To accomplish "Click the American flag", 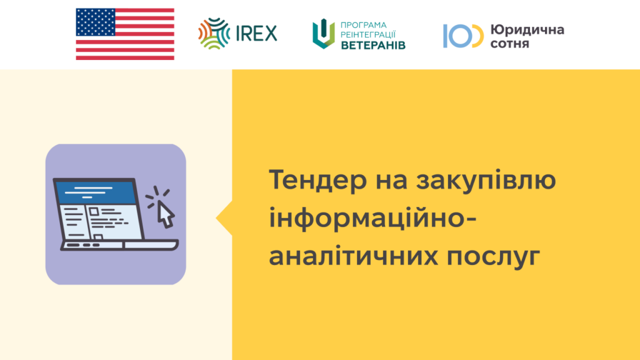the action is click(x=125, y=34).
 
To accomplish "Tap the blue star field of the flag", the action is click(x=96, y=22).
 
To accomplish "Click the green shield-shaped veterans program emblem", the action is click(x=324, y=34).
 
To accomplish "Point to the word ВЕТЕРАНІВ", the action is click(x=373, y=45).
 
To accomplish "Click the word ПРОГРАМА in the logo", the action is click(x=363, y=25).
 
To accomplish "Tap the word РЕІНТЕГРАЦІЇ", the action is click(x=368, y=35).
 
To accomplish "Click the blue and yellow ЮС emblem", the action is click(x=463, y=36).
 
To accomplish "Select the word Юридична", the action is click(x=527, y=29).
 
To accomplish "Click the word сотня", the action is click(x=510, y=43).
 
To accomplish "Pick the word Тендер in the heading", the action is click(x=318, y=179).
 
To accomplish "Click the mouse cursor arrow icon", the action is click(x=166, y=214).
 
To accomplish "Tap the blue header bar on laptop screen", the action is click(x=96, y=192).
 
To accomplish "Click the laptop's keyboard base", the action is click(x=119, y=245).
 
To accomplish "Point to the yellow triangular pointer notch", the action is click(x=225, y=218).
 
